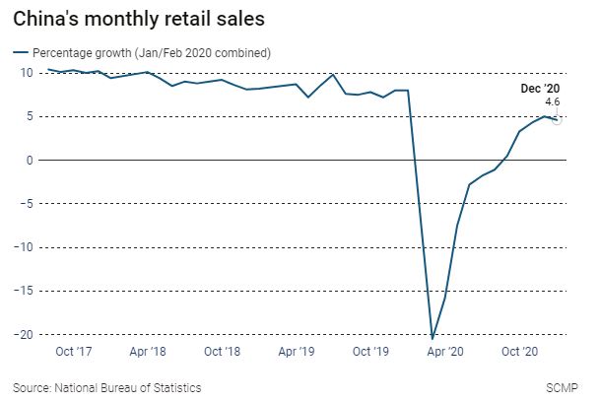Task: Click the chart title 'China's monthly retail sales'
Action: (x=138, y=19)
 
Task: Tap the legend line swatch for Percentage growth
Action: (x=20, y=51)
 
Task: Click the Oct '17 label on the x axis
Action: (x=75, y=351)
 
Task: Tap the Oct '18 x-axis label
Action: (x=223, y=351)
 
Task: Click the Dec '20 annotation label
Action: (x=541, y=89)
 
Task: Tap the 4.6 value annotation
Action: (x=553, y=101)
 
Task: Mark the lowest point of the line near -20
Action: (x=433, y=338)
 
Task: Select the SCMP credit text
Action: (x=563, y=387)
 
